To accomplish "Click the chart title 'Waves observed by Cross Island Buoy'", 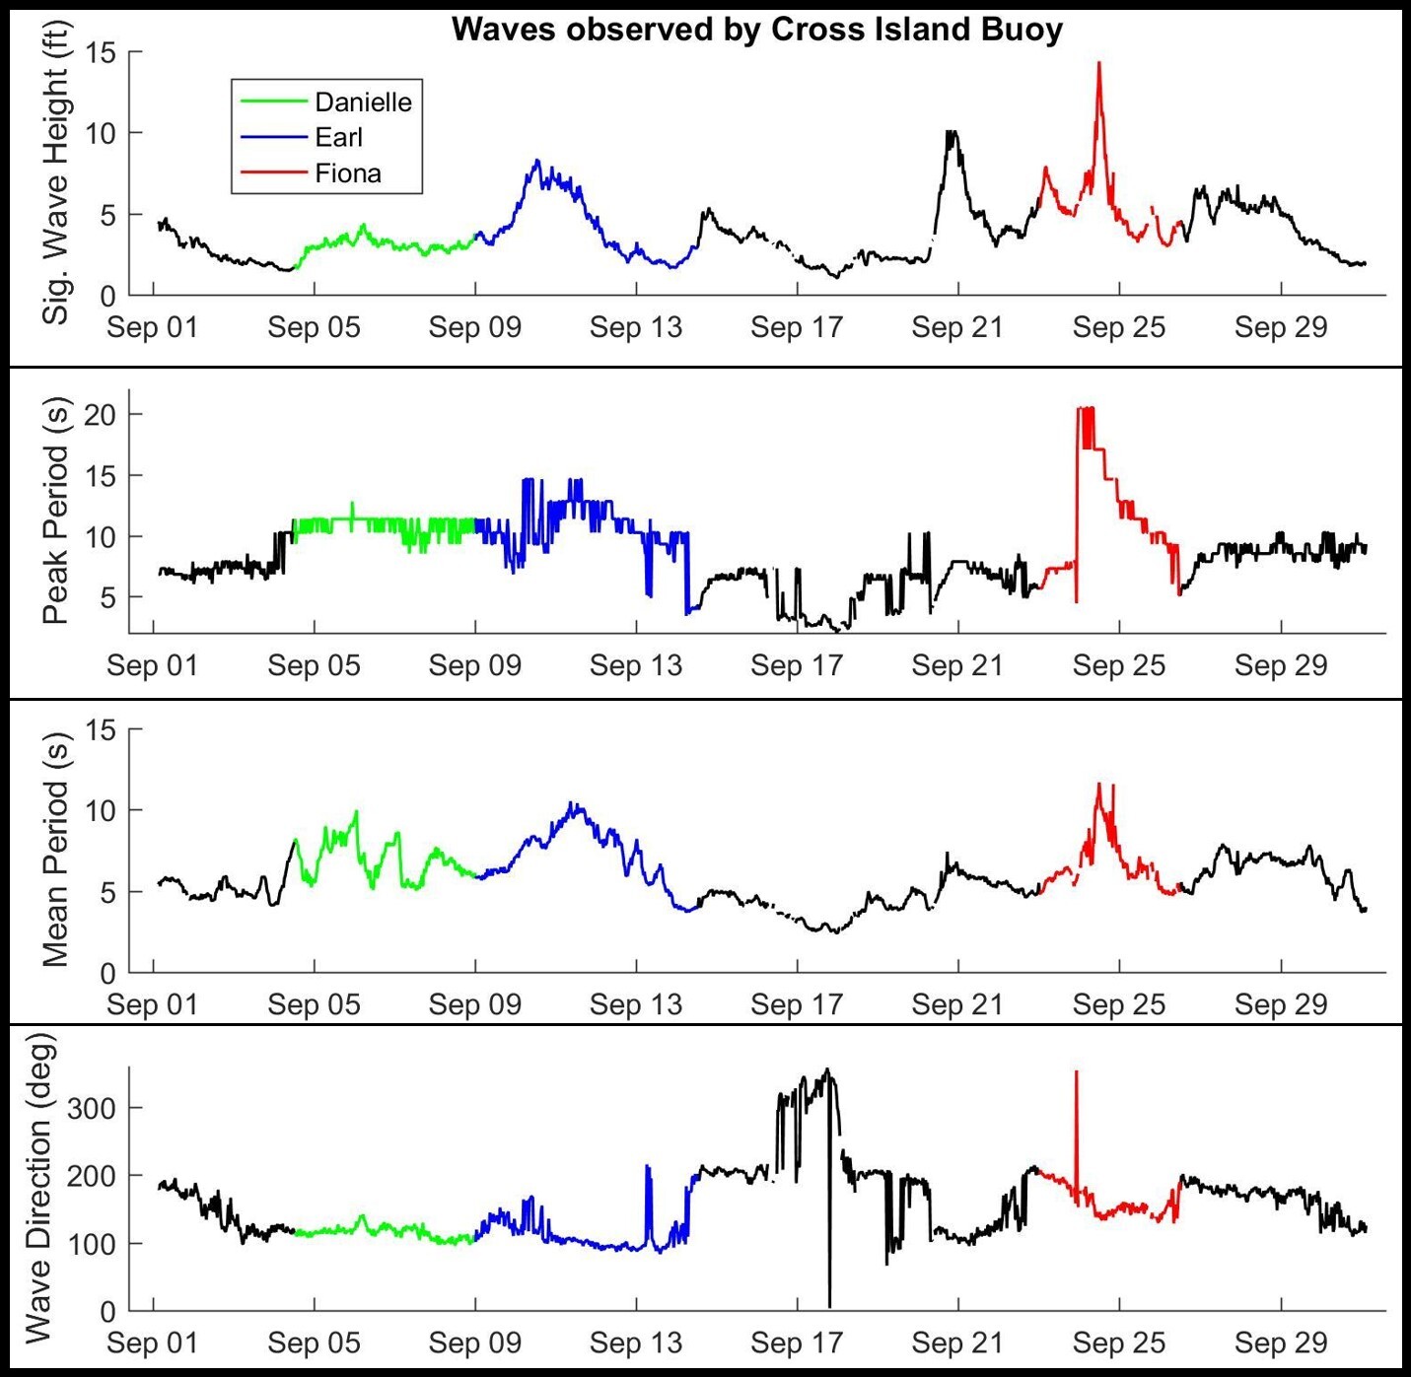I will coord(756,30).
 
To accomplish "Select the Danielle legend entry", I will coord(363,102).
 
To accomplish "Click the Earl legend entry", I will coord(338,138).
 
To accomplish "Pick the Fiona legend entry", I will coord(347,173).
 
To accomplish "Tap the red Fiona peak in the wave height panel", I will coord(1098,64).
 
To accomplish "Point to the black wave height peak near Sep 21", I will coord(951,132).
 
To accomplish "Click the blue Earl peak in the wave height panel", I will coord(537,162).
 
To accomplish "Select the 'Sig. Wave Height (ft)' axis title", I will coord(55,183).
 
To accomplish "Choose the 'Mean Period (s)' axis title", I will coord(55,850).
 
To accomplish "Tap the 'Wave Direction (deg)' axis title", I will coord(37,1187).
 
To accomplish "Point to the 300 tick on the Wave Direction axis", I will coord(91,1108).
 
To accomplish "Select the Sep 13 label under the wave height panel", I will coord(636,327).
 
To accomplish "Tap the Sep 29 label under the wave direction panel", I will coord(1281,1343).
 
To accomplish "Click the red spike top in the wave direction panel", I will coord(1076,1072).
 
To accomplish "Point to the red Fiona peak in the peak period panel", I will coord(1085,409).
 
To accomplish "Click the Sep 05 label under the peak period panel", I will coord(314,665).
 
